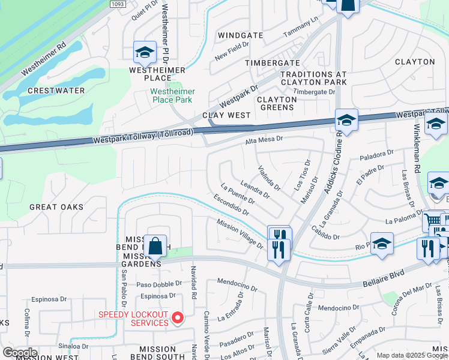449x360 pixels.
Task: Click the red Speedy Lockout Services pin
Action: [x=178, y=317]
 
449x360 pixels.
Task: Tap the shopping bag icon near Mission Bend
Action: [x=155, y=246]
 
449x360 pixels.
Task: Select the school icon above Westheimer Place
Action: [x=145, y=53]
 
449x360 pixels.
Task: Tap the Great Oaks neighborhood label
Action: [x=56, y=207]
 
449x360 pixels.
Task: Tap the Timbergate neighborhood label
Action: [x=273, y=63]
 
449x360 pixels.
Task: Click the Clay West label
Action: [x=226, y=115]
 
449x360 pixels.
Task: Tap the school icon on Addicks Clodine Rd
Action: [x=346, y=121]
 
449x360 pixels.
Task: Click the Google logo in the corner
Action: [x=20, y=353]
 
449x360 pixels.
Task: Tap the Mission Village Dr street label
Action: [x=240, y=233]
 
